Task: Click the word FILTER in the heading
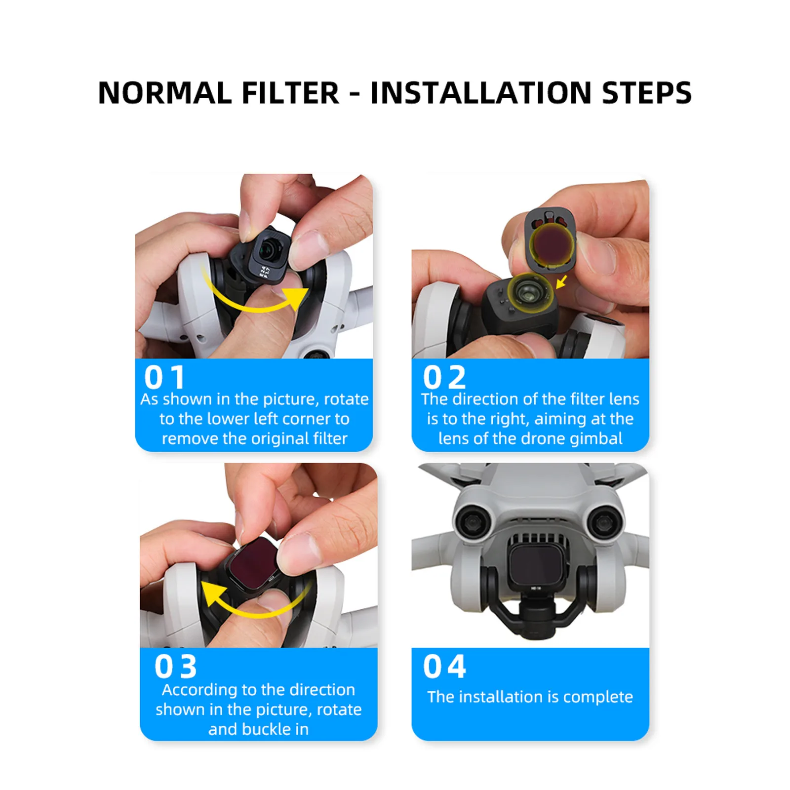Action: click(x=290, y=93)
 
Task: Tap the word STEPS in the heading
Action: click(x=647, y=93)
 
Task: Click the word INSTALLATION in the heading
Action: click(x=480, y=93)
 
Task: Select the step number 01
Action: click(x=164, y=378)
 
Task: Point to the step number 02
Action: click(x=444, y=378)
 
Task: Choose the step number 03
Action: click(x=176, y=667)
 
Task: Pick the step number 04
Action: click(x=444, y=667)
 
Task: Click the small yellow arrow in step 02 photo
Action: click(x=561, y=282)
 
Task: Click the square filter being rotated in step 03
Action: click(x=257, y=563)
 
